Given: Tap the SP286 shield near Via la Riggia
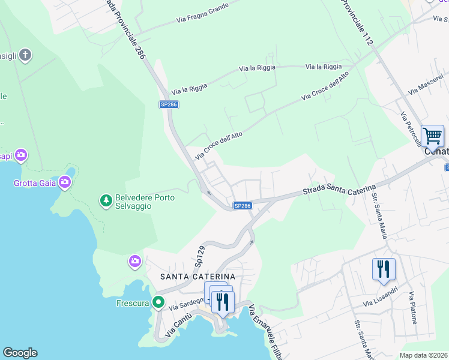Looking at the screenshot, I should (x=169, y=104).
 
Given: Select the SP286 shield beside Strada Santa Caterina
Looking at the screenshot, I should (x=242, y=206).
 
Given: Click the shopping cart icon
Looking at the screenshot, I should (x=432, y=136).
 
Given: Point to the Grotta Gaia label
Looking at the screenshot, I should (x=34, y=183).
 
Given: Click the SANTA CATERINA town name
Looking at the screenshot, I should (x=197, y=276).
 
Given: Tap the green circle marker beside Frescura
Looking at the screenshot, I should (x=158, y=302).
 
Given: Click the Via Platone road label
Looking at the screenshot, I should (x=413, y=308).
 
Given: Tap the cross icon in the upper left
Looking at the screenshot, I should (x=25, y=56).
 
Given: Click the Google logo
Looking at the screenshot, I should (x=20, y=353).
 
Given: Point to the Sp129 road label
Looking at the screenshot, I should (x=200, y=256).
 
